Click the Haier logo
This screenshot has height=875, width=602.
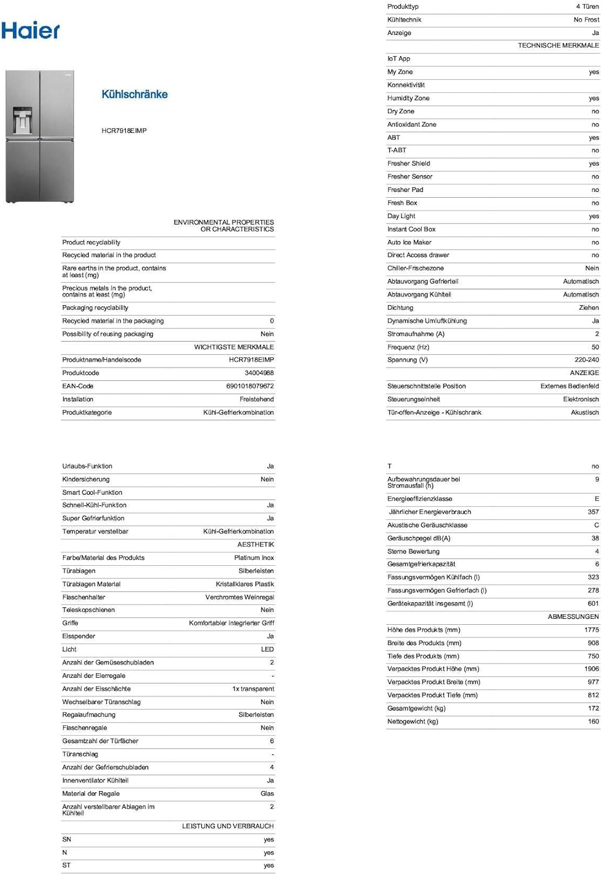30,30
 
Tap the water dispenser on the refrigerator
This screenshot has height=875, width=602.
22,120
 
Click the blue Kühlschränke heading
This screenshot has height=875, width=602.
134,94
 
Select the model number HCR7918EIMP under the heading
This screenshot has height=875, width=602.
124,131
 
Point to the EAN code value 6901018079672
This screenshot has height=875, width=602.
250,386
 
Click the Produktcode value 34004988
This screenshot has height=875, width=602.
259,373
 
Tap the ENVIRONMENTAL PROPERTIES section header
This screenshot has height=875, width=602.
223,226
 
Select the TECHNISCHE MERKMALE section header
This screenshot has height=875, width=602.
558,45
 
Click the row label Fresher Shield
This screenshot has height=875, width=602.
408,163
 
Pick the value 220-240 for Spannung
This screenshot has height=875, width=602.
586,360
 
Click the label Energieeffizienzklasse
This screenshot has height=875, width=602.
419,499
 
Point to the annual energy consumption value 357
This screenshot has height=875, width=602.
593,512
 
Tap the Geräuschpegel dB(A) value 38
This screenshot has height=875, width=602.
595,538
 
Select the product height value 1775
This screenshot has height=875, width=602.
591,630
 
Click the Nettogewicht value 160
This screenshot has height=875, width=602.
593,722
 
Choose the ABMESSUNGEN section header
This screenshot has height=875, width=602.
573,617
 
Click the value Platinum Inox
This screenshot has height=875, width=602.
254,558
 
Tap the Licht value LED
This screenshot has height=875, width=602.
267,649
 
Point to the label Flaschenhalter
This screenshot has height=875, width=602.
83,597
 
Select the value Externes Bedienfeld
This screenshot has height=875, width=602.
569,386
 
